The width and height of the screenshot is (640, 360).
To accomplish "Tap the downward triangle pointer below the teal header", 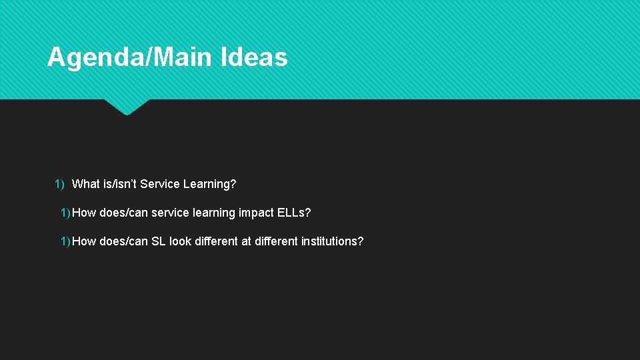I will (x=127, y=107).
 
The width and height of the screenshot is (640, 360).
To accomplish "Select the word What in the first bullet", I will (x=85, y=183).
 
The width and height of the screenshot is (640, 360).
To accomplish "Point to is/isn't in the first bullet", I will (x=119, y=183).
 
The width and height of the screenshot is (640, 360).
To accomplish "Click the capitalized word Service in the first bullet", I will (x=158, y=183).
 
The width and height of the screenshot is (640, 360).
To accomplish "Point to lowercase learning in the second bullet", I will (x=213, y=213).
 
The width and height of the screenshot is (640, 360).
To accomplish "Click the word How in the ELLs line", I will (x=84, y=213).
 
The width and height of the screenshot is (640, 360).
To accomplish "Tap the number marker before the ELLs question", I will (x=65, y=213).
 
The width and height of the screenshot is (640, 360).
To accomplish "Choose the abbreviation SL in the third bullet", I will (x=158, y=241).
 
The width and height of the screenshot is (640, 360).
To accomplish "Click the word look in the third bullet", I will (x=180, y=241).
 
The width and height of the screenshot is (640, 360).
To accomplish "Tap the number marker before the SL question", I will (x=65, y=241).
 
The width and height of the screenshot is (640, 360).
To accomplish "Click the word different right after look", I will (x=217, y=241).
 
